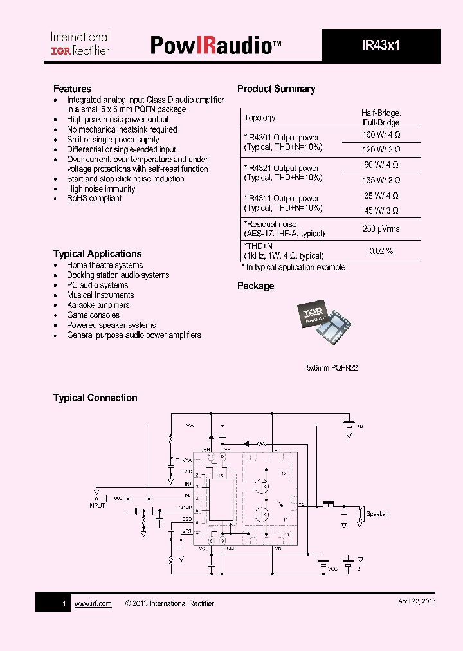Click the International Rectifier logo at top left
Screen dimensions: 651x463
pos(80,44)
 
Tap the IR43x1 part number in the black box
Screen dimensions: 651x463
pos(381,46)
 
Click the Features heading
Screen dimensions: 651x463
pos(72,89)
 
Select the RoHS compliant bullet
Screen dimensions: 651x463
pos(94,199)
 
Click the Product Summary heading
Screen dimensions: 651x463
pos(276,89)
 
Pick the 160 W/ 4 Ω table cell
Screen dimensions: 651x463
pos(381,135)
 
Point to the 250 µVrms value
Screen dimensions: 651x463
pos(381,229)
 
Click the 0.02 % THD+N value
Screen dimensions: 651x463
pos(381,251)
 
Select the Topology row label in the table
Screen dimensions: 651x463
pos(260,118)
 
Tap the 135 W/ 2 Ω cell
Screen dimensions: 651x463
pos(381,180)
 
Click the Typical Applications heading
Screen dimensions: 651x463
pos(97,254)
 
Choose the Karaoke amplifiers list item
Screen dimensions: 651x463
pos(98,305)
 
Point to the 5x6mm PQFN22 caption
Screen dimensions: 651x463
pos(332,368)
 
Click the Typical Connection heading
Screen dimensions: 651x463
pos(95,398)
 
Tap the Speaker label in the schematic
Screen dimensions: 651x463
pos(376,514)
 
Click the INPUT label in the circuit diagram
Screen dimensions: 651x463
pos(96,506)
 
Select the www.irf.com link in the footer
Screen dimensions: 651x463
pos(93,603)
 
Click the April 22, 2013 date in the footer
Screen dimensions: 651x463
pos(417,601)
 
